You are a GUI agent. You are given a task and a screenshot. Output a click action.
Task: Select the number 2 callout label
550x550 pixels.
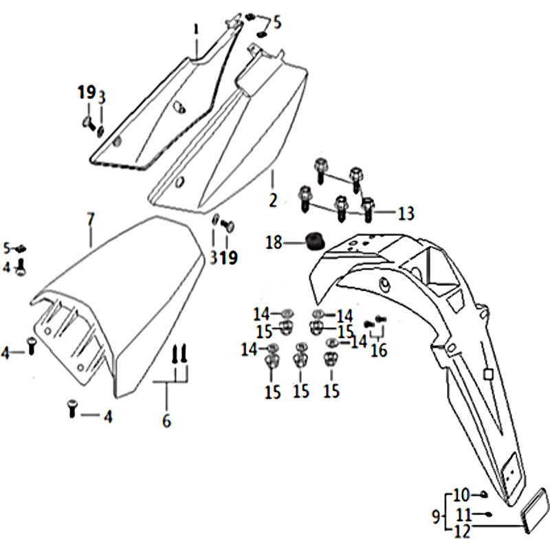click(272, 200)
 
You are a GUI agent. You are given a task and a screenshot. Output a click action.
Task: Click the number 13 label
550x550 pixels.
click(406, 214)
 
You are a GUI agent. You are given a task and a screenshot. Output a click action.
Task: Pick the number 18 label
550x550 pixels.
click(274, 242)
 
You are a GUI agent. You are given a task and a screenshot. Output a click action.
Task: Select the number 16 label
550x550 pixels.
click(379, 351)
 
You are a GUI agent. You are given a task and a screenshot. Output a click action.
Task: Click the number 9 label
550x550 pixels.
click(435, 515)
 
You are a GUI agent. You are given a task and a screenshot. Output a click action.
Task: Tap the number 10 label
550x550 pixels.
click(460, 495)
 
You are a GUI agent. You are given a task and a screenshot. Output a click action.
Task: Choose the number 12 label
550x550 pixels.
click(462, 530)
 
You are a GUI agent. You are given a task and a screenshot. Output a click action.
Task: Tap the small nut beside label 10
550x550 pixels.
click(483, 494)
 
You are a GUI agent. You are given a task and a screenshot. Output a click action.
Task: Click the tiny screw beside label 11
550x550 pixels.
click(487, 514)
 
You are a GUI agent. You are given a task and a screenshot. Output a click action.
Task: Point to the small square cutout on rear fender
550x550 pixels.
click(487, 375)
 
